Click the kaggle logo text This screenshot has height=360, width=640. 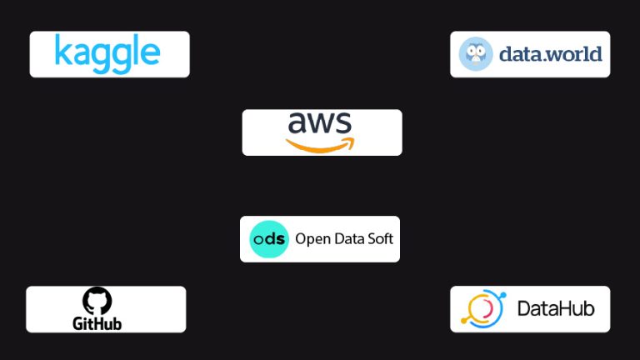107,53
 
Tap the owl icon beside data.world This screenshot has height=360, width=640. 476,54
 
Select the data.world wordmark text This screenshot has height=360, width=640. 550,54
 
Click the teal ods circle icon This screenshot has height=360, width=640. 269,239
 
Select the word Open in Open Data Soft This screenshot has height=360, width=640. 312,240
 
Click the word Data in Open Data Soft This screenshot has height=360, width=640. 346,239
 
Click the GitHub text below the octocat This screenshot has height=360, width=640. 97,322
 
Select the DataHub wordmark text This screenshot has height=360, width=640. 556,309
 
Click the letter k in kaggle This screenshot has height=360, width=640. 62,51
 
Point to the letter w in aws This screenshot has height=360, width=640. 320,124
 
